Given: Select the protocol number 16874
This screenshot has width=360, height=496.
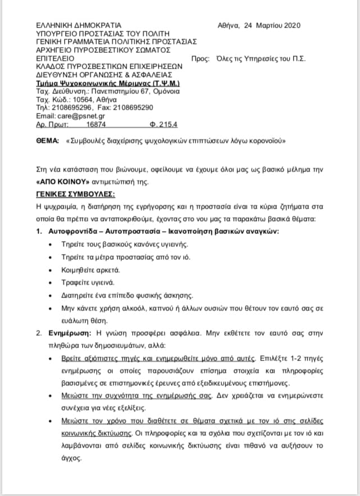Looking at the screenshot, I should pos(96,124).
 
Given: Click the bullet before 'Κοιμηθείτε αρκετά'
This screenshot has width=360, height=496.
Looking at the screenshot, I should pos(51,270).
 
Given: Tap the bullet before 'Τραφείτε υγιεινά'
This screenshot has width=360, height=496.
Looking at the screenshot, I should pos(51,283).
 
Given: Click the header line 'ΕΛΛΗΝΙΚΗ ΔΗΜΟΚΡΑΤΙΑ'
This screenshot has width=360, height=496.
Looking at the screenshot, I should pos(70,25).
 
